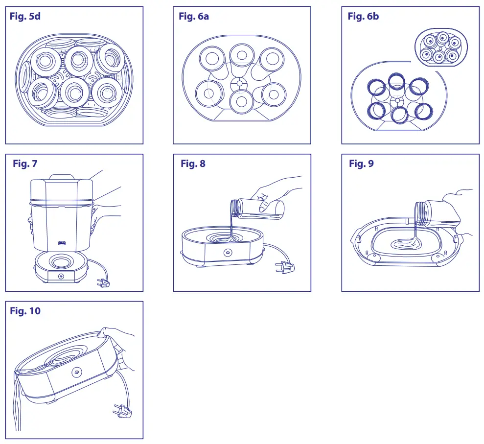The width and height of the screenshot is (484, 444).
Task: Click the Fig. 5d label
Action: (x=25, y=17)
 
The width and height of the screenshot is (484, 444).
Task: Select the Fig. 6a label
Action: (x=194, y=17)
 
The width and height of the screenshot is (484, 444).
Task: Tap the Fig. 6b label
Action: (x=363, y=17)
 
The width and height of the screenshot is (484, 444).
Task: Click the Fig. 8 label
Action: (x=193, y=164)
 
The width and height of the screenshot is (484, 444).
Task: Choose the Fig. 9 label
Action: (x=361, y=164)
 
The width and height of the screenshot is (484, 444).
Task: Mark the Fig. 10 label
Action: (x=25, y=311)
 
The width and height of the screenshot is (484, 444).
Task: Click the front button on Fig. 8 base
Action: (x=228, y=253)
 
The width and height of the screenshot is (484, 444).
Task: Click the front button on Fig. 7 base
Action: (x=61, y=277)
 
